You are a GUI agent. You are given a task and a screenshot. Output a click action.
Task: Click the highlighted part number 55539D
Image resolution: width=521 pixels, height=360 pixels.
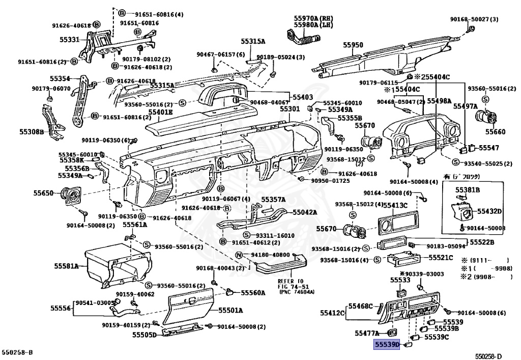tap(387, 345)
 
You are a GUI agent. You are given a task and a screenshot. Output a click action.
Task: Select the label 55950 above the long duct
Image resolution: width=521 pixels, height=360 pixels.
tap(353, 45)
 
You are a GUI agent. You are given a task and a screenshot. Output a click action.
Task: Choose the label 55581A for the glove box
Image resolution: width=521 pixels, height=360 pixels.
tap(67, 266)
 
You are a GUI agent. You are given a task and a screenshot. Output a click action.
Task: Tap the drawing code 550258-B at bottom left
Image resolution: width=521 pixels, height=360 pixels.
tap(17, 352)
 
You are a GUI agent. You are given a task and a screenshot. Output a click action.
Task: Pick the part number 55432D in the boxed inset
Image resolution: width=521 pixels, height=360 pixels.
tap(489, 211)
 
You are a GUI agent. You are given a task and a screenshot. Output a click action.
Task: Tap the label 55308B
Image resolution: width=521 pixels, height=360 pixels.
tap(32, 132)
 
